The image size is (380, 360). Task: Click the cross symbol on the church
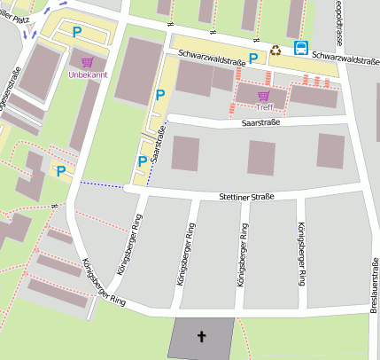pyautogui.click(x=201, y=337)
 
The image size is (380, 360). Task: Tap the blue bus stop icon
pyautogui.click(x=302, y=49)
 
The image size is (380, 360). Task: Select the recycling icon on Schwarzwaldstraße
pyautogui.click(x=276, y=51)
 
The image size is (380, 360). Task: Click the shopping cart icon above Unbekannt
pyautogui.click(x=87, y=63)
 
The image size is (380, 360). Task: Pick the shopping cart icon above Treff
pyautogui.click(x=263, y=95)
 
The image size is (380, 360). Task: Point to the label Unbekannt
pyautogui.click(x=87, y=75)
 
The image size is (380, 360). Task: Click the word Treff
pyautogui.click(x=263, y=106)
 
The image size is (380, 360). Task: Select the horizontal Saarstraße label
pyautogui.click(x=260, y=123)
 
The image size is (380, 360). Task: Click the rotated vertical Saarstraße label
pyautogui.click(x=160, y=143)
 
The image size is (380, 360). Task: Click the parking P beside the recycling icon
pyautogui.click(x=253, y=59)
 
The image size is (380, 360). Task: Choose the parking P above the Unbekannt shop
pyautogui.click(x=77, y=32)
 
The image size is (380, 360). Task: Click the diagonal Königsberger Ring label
pyautogui.click(x=104, y=283)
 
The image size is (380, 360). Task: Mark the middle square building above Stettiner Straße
pyautogui.click(x=261, y=157)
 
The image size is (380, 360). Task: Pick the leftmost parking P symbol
pyautogui.click(x=60, y=171)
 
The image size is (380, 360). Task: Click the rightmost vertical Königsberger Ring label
pyautogui.click(x=302, y=253)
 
